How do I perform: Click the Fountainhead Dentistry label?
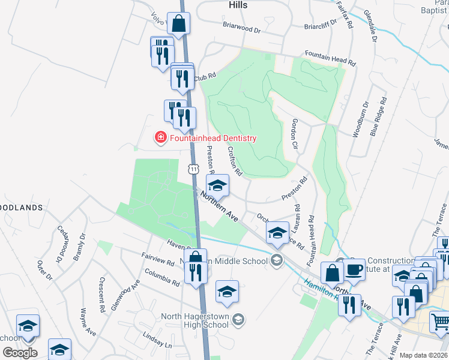click(212, 138)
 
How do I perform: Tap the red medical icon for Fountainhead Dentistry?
click(160, 138)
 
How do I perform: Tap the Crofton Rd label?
click(234, 162)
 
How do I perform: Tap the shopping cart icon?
click(440, 322)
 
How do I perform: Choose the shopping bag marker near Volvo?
click(179, 24)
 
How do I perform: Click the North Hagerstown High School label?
click(194, 321)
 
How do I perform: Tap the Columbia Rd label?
click(161, 277)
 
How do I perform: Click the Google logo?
click(20, 352)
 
